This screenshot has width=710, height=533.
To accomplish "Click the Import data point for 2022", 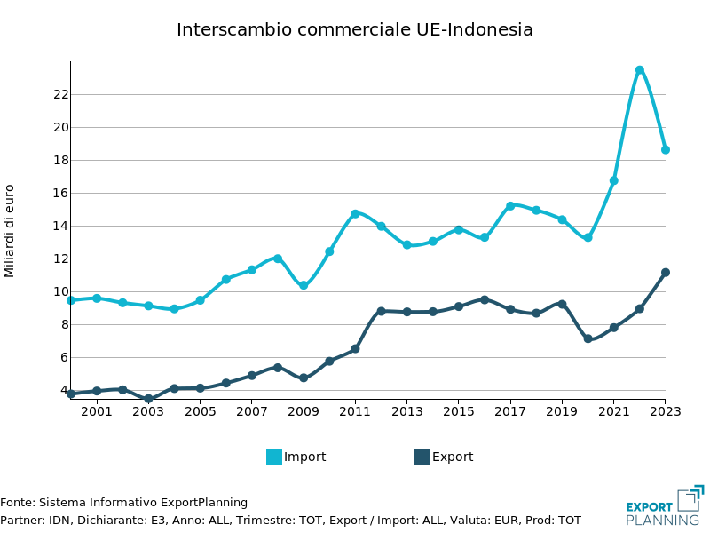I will click(x=639, y=69).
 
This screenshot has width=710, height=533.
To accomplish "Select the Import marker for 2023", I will click(x=665, y=149).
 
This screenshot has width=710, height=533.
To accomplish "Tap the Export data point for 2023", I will click(x=665, y=273).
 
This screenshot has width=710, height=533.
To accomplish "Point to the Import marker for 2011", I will click(x=355, y=213).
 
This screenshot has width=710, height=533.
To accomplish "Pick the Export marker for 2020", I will click(x=588, y=338).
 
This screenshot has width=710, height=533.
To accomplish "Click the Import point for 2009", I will click(x=304, y=285).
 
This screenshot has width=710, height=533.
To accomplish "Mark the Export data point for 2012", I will click(x=381, y=311).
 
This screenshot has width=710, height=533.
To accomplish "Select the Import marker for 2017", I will click(x=510, y=205).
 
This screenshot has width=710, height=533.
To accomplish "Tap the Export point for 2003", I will click(x=148, y=399).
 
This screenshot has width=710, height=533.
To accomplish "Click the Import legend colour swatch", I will click(x=274, y=457).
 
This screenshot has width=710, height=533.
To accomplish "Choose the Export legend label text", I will click(x=453, y=457).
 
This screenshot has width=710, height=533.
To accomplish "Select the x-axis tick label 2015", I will click(x=459, y=411).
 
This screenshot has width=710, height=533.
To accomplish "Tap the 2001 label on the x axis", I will click(x=97, y=411).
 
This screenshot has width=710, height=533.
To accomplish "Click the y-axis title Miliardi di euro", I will click(x=10, y=230).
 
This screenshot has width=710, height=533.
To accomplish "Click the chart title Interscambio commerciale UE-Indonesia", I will click(x=355, y=29).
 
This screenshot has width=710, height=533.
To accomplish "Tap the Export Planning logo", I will click(x=664, y=506).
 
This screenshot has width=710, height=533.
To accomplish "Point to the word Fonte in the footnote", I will click(x=16, y=503).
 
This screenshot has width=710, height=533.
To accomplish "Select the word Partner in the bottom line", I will click(x=20, y=521).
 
